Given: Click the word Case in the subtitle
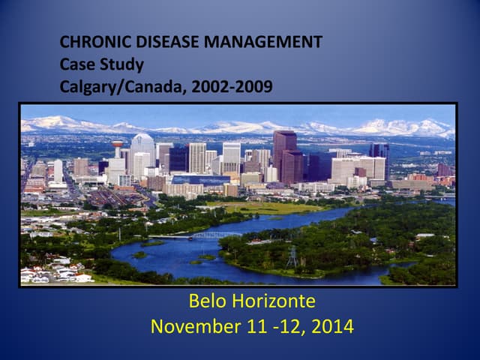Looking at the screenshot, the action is pyautogui.click(x=77, y=64).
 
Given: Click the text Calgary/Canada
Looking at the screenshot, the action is pyautogui.click(x=123, y=87).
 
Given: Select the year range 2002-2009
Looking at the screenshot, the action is pyautogui.click(x=232, y=87).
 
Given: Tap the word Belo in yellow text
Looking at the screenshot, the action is pyautogui.click(x=208, y=301).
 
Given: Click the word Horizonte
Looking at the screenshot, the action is pyautogui.click(x=273, y=301).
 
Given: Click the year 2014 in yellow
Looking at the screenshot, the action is pyautogui.click(x=332, y=326).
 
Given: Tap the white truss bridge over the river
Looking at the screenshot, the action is pyautogui.click(x=215, y=235).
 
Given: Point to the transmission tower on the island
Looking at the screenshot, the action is pyautogui.click(x=292, y=257).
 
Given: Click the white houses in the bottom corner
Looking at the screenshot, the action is pyautogui.click(x=55, y=272).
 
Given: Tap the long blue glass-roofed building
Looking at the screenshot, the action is pyautogui.click(x=200, y=179).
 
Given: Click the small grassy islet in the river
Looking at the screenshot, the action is pyautogui.click(x=139, y=255).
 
